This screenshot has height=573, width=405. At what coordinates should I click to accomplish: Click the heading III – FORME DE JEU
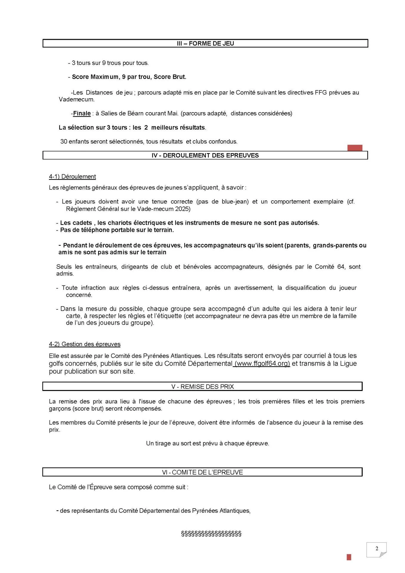click(205, 44)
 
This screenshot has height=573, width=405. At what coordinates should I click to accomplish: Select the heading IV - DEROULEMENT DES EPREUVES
click(205, 155)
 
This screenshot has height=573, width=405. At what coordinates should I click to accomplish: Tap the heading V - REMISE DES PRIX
click(202, 386)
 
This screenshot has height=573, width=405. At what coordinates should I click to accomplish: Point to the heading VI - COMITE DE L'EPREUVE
click(202, 472)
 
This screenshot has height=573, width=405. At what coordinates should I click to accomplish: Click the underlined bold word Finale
click(82, 113)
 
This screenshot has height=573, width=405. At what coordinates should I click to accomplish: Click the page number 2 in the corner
click(377, 548)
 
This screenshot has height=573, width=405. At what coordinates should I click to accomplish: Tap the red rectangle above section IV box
click(355, 148)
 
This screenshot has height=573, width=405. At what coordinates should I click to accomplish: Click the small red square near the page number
click(349, 557)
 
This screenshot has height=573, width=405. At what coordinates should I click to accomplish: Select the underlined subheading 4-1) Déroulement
click(72, 177)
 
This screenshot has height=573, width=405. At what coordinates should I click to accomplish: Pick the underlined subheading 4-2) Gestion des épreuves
click(85, 344)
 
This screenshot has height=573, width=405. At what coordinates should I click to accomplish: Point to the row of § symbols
click(211, 533)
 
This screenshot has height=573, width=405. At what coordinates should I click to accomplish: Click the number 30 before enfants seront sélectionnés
click(64, 141)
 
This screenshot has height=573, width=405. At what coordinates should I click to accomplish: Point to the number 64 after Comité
click(341, 267)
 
